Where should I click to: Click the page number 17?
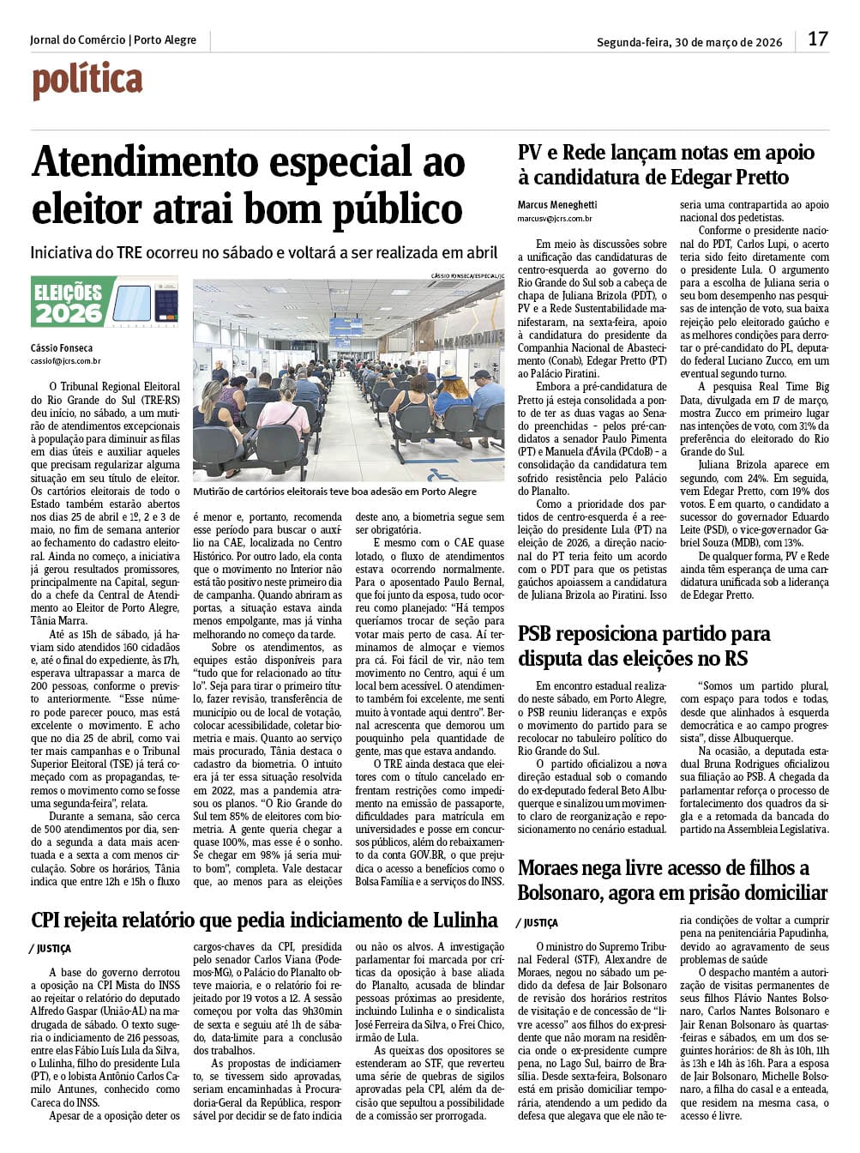coord(817,39)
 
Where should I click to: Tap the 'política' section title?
coord(87,81)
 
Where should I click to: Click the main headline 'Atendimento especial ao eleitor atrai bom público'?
coord(248,186)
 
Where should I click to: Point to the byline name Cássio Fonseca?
coord(61,348)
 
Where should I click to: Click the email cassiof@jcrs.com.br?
coord(65,361)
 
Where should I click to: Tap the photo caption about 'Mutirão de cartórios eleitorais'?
coord(334,492)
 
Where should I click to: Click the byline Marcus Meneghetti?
coord(557,205)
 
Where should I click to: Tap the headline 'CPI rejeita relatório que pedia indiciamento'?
coord(264,921)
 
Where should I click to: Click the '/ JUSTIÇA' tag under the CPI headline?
coord(51,949)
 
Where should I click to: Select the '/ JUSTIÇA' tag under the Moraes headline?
coord(538,923)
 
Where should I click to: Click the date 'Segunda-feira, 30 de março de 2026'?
coord(689,42)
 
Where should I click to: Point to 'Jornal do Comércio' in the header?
coord(77,40)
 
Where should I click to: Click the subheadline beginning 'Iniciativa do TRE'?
coord(264,253)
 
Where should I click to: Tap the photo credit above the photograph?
coord(468,275)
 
